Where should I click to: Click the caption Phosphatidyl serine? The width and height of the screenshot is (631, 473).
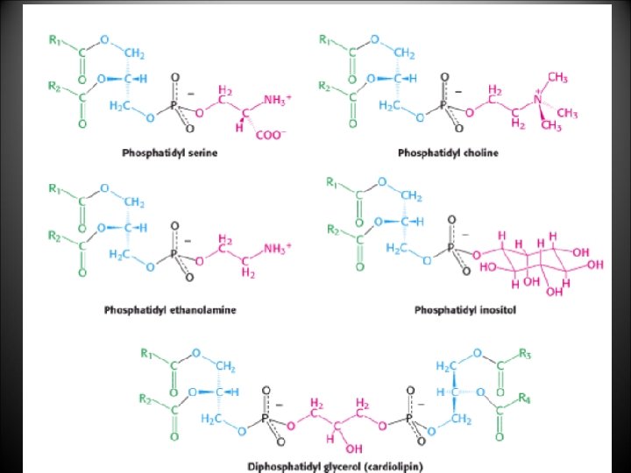(170, 153)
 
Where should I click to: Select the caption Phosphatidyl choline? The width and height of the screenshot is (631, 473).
(448, 153)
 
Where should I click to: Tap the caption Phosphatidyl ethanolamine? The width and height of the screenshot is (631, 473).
(170, 309)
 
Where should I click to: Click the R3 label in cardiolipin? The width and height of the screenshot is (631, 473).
(524, 355)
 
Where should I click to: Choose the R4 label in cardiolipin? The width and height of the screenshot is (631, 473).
(524, 399)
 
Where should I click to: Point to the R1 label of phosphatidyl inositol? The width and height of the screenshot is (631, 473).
(331, 183)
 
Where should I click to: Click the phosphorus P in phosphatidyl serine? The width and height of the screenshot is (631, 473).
(173, 105)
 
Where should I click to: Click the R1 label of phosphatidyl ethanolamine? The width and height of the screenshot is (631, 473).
(54, 188)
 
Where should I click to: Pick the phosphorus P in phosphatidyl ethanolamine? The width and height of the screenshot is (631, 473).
(173, 254)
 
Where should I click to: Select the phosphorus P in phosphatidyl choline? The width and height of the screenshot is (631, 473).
(443, 105)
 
